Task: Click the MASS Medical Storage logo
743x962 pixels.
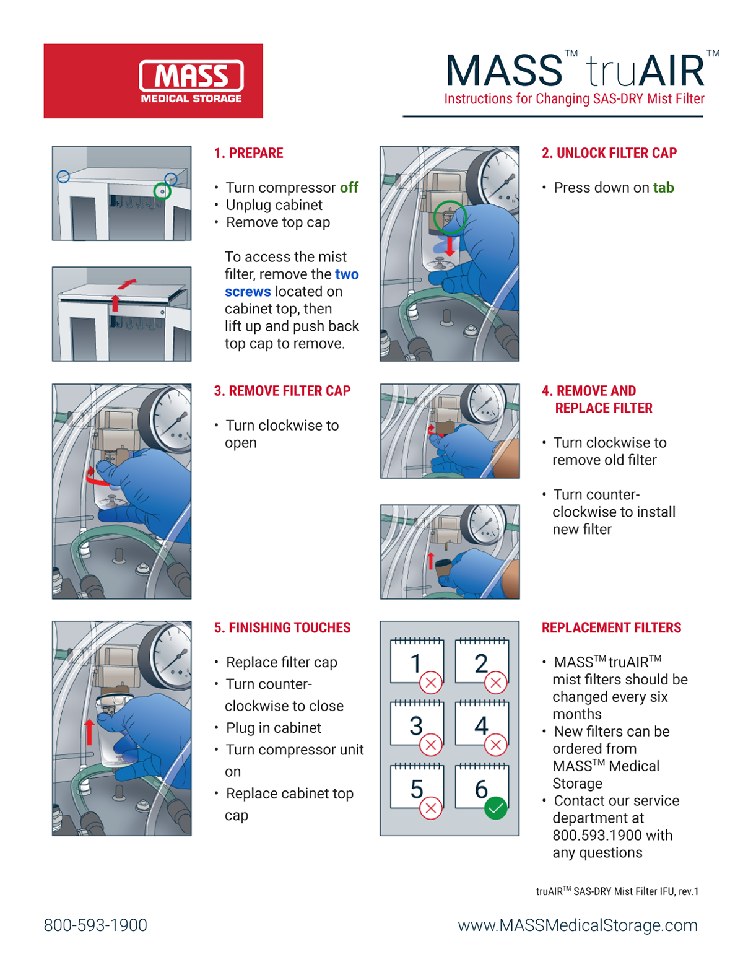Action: (x=191, y=81)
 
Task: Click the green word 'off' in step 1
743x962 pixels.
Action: (x=349, y=188)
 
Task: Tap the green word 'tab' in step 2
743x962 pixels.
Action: (x=663, y=188)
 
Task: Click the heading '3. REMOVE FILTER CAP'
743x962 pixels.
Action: (x=282, y=391)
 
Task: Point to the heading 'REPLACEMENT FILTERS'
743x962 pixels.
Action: (x=611, y=627)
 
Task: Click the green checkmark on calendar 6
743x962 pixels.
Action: (x=495, y=808)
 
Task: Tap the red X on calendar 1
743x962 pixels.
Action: (x=431, y=683)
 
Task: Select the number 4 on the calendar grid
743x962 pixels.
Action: (x=481, y=725)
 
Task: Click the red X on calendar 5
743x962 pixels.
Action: (x=431, y=808)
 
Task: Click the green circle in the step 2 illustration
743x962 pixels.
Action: (x=450, y=217)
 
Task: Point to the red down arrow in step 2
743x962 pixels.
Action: (x=450, y=246)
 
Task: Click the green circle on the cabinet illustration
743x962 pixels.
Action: (x=162, y=191)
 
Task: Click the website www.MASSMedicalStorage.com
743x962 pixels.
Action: (x=577, y=925)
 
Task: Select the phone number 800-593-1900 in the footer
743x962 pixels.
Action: (x=95, y=925)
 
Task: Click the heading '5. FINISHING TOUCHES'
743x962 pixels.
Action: (x=282, y=627)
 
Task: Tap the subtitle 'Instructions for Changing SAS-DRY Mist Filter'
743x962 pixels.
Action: (x=574, y=99)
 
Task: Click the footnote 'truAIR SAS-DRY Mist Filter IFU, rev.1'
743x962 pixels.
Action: (x=617, y=891)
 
